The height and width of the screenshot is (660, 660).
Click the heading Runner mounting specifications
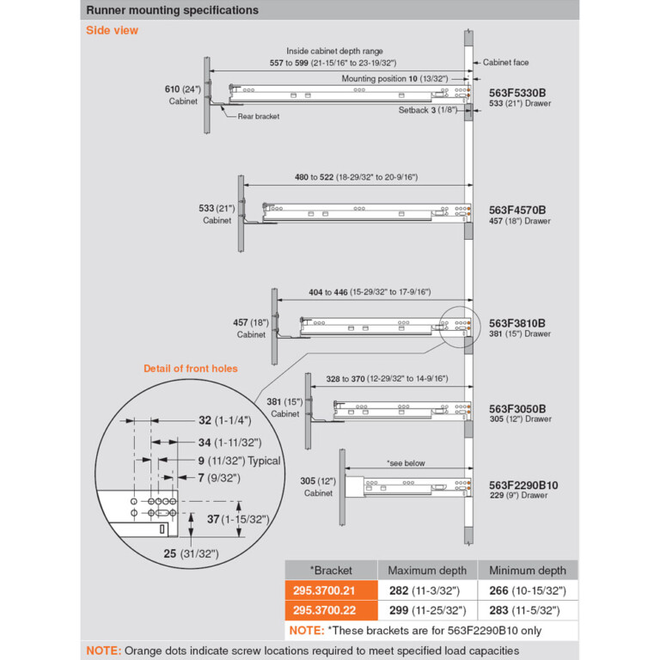pos(172,10)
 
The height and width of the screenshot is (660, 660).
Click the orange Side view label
pos(112,31)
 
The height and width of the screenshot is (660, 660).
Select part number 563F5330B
pos(517,92)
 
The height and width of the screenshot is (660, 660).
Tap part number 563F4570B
pos(517,210)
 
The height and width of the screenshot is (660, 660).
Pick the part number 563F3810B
pos(517,323)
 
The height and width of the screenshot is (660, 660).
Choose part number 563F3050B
pos(517,408)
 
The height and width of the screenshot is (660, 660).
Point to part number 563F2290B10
pos(523,485)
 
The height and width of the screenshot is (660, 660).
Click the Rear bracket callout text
pos(259,116)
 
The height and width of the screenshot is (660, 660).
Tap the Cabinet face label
pos(505,63)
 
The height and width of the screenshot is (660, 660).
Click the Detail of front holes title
pos(190,369)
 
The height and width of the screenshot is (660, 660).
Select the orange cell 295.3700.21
pos(331,590)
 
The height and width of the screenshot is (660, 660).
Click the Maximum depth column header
pos(427,571)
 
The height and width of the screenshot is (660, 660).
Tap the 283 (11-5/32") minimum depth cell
pos(528,610)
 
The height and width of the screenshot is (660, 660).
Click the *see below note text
pos(406,463)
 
